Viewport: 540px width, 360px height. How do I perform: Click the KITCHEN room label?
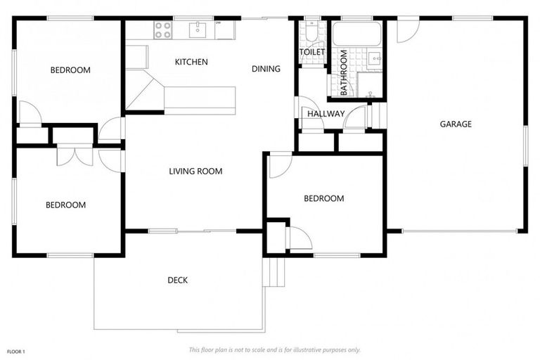pos(191,62)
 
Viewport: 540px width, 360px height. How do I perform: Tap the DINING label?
pos(266,69)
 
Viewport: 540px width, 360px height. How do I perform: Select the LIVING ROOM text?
pos(195,172)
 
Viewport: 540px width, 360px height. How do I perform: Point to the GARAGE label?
pos(456,124)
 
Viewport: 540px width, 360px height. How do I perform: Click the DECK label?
pos(178,281)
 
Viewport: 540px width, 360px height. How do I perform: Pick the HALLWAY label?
pos(326,114)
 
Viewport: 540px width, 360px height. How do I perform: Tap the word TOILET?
pos(312,52)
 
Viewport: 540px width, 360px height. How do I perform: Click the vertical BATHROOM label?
pos(343,72)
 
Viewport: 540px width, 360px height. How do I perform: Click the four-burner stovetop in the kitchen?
pos(162,30)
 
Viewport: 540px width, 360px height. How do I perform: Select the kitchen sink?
pos(198,30)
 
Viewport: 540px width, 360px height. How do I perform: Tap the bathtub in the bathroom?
pos(356,34)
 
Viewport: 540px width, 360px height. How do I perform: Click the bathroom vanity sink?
pos(374,59)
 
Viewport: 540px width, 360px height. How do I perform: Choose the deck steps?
pos(274,272)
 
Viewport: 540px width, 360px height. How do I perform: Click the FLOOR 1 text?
pos(16,352)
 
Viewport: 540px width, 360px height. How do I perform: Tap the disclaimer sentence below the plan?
pos(274,350)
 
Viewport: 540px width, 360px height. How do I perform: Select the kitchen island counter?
pos(200,101)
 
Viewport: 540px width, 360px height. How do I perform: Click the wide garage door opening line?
pos(460,231)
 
